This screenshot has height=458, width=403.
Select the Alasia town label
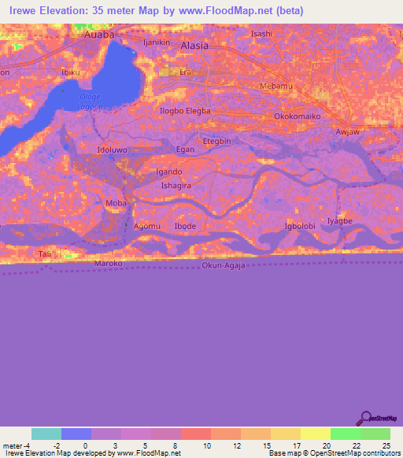[194, 46]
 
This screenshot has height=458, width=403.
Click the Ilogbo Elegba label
[185, 111]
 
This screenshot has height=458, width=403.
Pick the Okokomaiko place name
[298, 116]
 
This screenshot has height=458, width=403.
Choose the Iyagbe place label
[339, 221]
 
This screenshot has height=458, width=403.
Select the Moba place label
[115, 203]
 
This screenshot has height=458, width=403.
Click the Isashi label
[261, 34]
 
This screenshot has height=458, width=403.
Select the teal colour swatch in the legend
[46, 434]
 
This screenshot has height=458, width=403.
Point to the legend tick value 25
[384, 445]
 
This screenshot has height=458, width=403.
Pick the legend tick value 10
[207, 445]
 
